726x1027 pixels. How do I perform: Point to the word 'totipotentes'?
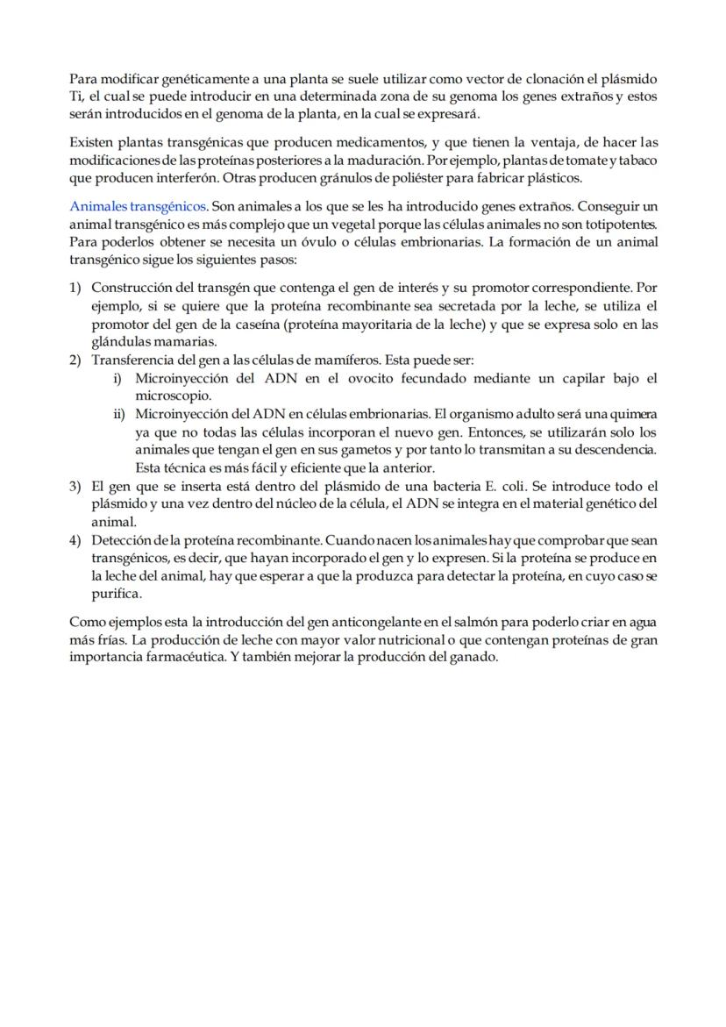click(x=617, y=224)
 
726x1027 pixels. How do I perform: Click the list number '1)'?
click(x=75, y=288)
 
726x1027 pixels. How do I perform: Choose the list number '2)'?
click(x=75, y=360)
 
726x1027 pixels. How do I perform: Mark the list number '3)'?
click(x=75, y=486)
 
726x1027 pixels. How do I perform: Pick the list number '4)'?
click(x=75, y=539)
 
